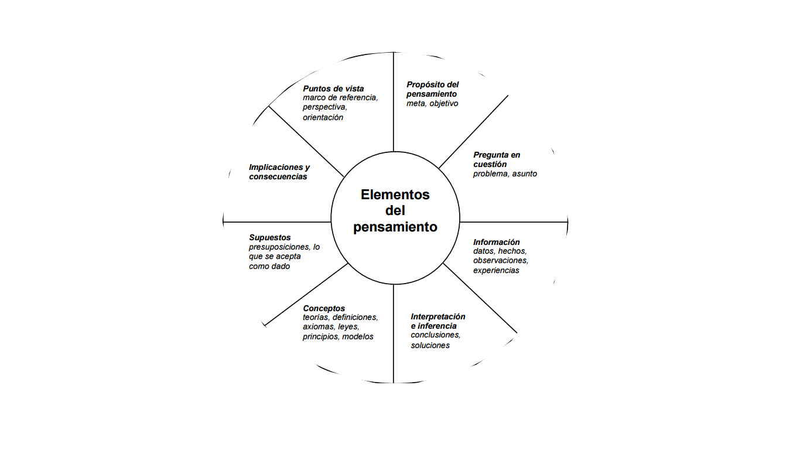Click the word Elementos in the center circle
[x=395, y=195]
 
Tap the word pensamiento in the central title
[x=395, y=227]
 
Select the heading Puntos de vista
[x=333, y=88]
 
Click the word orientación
[x=323, y=118]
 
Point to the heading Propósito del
[x=432, y=85]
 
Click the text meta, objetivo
[x=432, y=104]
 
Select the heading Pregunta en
[x=497, y=155]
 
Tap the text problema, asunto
[x=505, y=173]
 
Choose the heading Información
[x=497, y=242]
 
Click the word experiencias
[x=496, y=271]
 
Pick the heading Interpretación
[x=438, y=316]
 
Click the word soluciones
[x=430, y=346]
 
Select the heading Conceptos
[x=324, y=308]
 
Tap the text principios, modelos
[x=338, y=337]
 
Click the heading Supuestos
[x=269, y=238]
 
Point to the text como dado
[x=269, y=267]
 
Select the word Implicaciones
[x=276, y=167]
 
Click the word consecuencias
[x=278, y=177]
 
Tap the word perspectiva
[x=325, y=108]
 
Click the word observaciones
[x=501, y=261]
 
